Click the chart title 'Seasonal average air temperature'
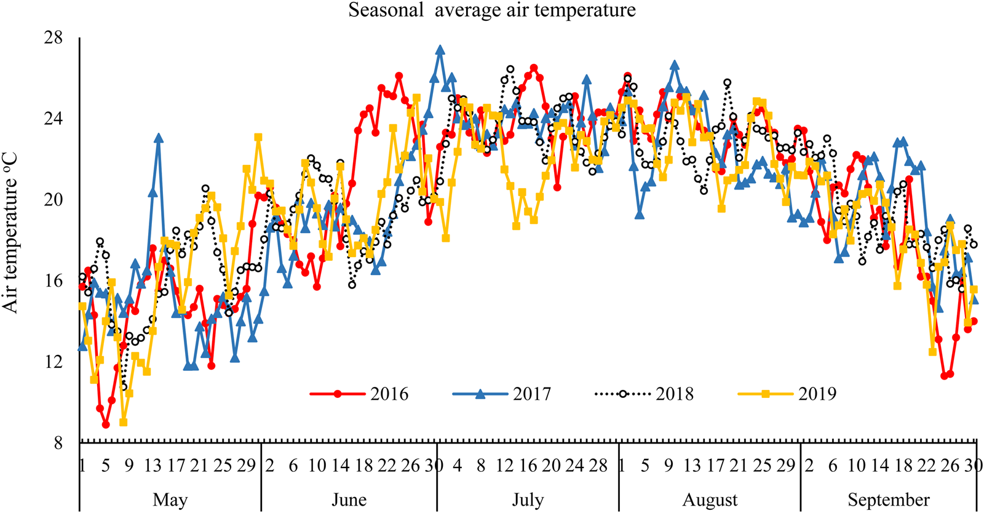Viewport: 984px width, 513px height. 492,10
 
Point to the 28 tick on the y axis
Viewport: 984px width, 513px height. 54,38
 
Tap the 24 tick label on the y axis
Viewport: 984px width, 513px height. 54,119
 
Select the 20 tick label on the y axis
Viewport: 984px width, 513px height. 54,200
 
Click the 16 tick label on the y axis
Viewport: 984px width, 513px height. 54,281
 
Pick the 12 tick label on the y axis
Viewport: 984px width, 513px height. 54,362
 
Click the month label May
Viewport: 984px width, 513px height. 170,499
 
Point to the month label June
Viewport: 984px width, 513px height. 349,499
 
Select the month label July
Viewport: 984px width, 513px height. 528,499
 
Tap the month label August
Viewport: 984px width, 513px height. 710,499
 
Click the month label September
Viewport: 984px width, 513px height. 889,499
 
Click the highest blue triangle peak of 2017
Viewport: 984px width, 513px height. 440,50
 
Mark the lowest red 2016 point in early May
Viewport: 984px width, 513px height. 106,424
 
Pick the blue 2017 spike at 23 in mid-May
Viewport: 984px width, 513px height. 159,138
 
